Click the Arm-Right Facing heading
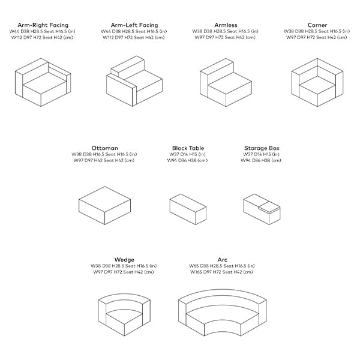(43, 25)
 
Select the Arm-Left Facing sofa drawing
(134, 81)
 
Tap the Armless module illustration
(226, 82)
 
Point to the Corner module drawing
(317, 82)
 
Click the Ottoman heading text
(104, 148)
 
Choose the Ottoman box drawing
(104, 205)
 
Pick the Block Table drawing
(188, 209)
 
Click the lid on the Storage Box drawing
(269, 206)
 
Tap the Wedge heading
(124, 260)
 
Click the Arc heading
(222, 260)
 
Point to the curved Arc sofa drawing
(223, 313)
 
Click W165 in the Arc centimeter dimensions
(196, 272)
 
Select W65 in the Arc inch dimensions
(194, 266)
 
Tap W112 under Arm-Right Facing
(17, 37)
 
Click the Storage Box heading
(262, 148)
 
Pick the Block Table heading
(188, 148)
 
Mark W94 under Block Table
(172, 160)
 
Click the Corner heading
(317, 25)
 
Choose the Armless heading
(226, 25)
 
